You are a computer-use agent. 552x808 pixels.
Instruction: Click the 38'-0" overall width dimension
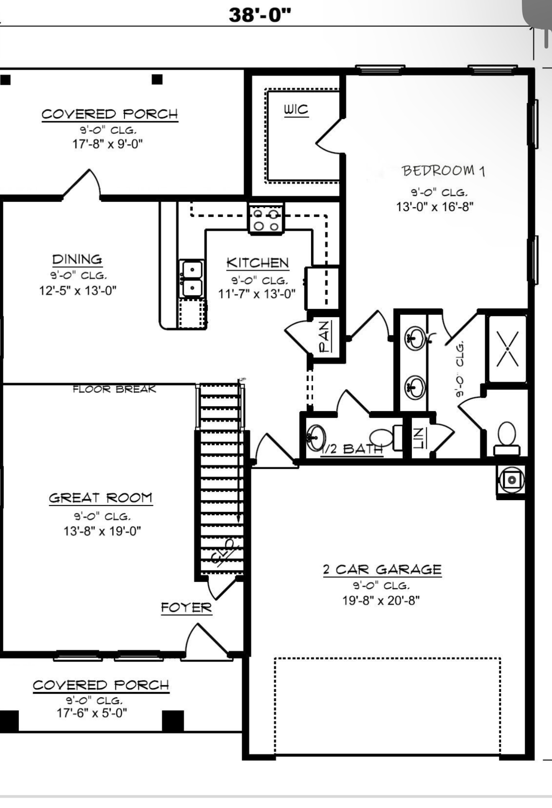260,15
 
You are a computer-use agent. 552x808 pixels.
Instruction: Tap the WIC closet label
296,109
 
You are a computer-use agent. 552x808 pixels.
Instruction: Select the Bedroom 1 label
443,171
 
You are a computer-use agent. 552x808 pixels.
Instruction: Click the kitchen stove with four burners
266,218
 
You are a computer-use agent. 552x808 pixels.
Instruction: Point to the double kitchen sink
192,278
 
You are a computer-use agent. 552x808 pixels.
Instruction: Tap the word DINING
77,259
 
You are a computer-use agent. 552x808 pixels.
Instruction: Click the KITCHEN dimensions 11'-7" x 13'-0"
257,294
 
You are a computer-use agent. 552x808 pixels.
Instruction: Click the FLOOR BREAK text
114,389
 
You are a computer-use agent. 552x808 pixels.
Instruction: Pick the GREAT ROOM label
100,498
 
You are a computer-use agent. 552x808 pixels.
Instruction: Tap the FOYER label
187,607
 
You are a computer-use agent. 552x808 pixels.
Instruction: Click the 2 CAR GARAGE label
382,570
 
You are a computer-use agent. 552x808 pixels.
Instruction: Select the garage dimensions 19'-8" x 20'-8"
381,601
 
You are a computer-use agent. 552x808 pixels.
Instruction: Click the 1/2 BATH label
351,449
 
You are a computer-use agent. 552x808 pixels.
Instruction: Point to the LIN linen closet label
419,438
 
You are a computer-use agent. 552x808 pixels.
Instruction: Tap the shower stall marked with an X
507,349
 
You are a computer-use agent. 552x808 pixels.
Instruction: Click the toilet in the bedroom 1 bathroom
507,439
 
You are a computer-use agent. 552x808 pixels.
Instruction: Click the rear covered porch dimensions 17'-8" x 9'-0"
108,144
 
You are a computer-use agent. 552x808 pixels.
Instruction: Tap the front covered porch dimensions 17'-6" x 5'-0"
92,713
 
